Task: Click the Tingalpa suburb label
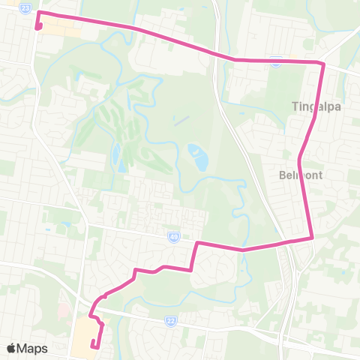[x=316, y=106]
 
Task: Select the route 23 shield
[x=26, y=7]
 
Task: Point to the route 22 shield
[x=171, y=321]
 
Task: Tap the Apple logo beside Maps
[x=11, y=348]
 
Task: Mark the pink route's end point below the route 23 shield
[x=37, y=28]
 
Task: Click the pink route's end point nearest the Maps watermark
[x=92, y=346]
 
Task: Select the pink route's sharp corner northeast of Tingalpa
[x=323, y=64]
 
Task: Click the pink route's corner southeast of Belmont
[x=311, y=238]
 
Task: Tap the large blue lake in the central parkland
[x=199, y=157]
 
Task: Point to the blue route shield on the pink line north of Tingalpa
[x=276, y=64]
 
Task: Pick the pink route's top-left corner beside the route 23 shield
[x=39, y=13]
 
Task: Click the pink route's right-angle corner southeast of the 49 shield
[x=196, y=243]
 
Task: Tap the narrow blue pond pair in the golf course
[x=115, y=157]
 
